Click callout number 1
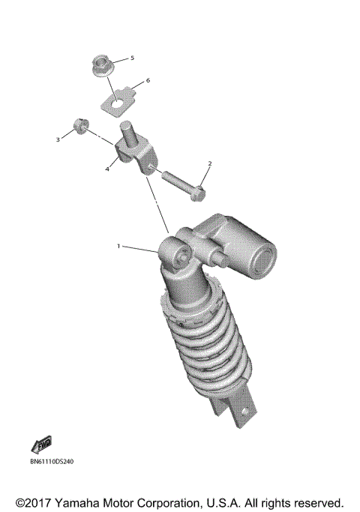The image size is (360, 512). tap(118, 246)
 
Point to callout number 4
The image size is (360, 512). tap(108, 169)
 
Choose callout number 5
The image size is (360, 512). tap(133, 58)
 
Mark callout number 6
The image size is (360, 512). tap(148, 80)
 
